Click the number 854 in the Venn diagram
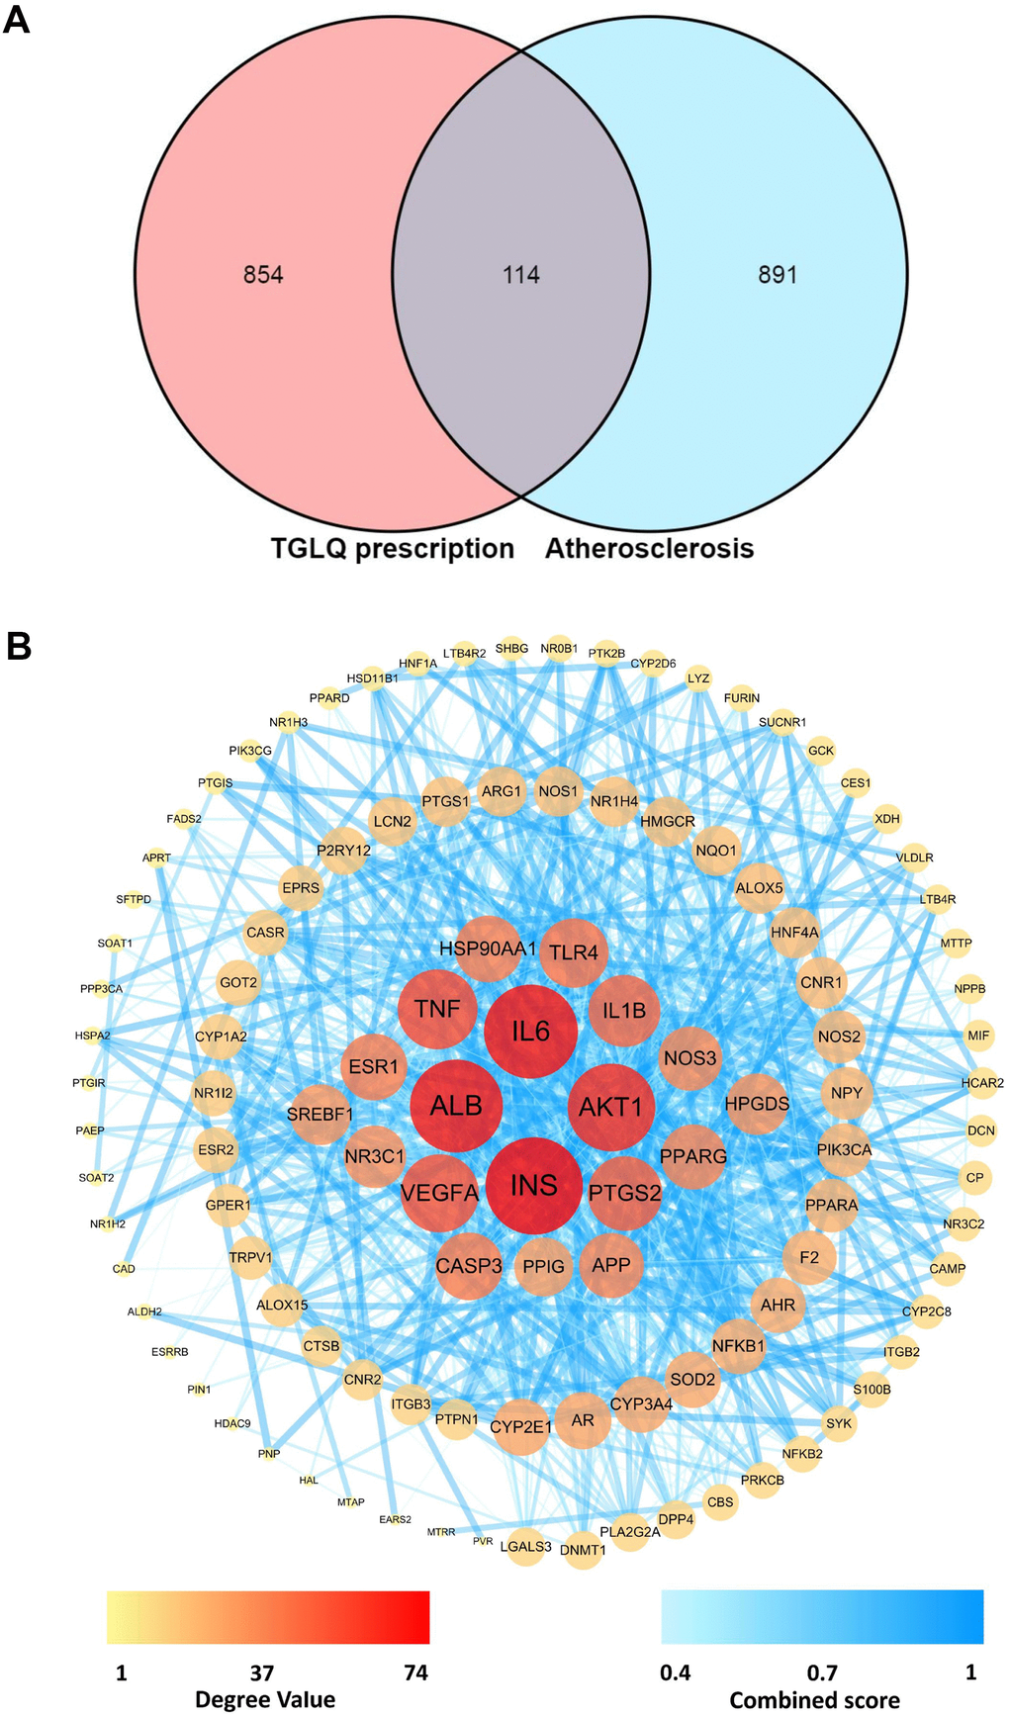click(x=263, y=275)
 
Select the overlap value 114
click(x=521, y=275)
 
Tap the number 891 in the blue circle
click(x=778, y=275)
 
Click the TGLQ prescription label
click(x=393, y=549)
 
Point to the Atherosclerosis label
click(x=650, y=549)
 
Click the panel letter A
click(x=17, y=19)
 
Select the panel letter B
click(x=19, y=647)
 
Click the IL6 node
click(x=530, y=1032)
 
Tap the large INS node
click(x=534, y=1185)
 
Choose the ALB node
click(x=456, y=1106)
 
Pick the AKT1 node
click(x=610, y=1107)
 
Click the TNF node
click(x=437, y=1009)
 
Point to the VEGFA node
click(x=440, y=1193)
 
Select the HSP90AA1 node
click(x=488, y=949)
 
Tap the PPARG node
click(x=693, y=1156)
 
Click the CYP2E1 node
click(x=520, y=1426)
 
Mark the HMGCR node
click(x=668, y=822)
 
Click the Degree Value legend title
click(x=265, y=1699)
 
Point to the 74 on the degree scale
click(x=415, y=1673)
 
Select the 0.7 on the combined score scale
click(x=822, y=1673)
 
